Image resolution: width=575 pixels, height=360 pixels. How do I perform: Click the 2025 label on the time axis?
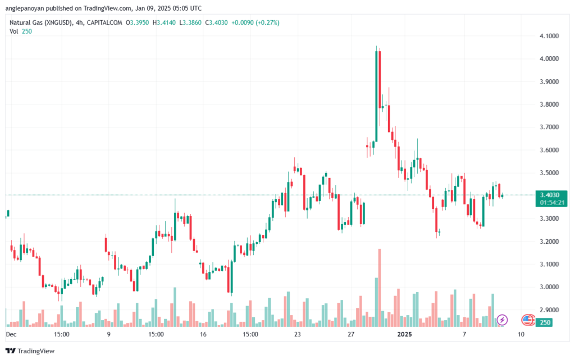tap(404, 334)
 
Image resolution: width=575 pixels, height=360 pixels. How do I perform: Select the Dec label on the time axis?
tap(11, 334)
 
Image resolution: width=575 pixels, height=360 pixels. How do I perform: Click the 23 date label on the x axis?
tap(297, 334)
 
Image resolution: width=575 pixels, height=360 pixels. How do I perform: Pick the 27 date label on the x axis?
tap(351, 334)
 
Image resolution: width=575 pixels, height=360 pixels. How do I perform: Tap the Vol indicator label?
tap(14, 31)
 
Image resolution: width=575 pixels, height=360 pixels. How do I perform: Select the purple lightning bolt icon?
tap(503, 320)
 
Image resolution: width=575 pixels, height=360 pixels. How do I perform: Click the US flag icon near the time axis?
tap(527, 320)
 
